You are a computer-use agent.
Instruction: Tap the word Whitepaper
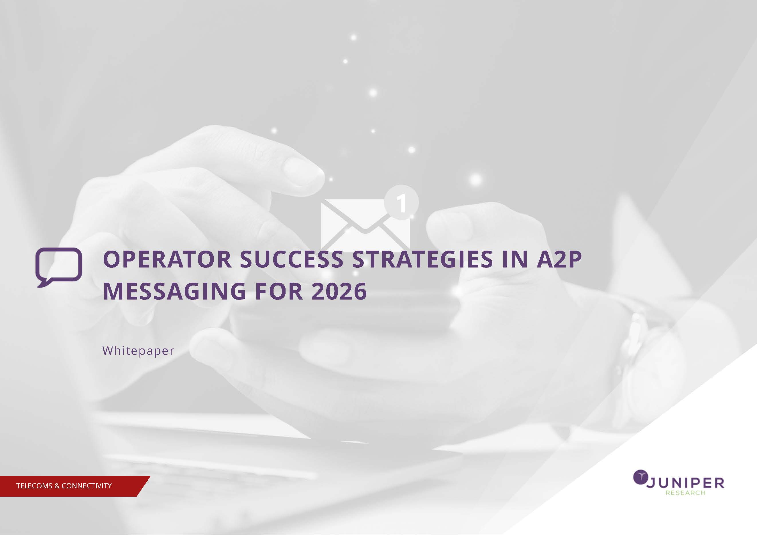(138, 351)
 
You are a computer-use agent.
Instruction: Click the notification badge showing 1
(401, 202)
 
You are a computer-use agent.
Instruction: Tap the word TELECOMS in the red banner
(34, 486)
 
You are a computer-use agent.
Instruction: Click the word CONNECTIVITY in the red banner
(86, 486)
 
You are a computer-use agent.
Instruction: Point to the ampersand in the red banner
(57, 486)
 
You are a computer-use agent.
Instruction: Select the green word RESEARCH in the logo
(685, 493)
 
